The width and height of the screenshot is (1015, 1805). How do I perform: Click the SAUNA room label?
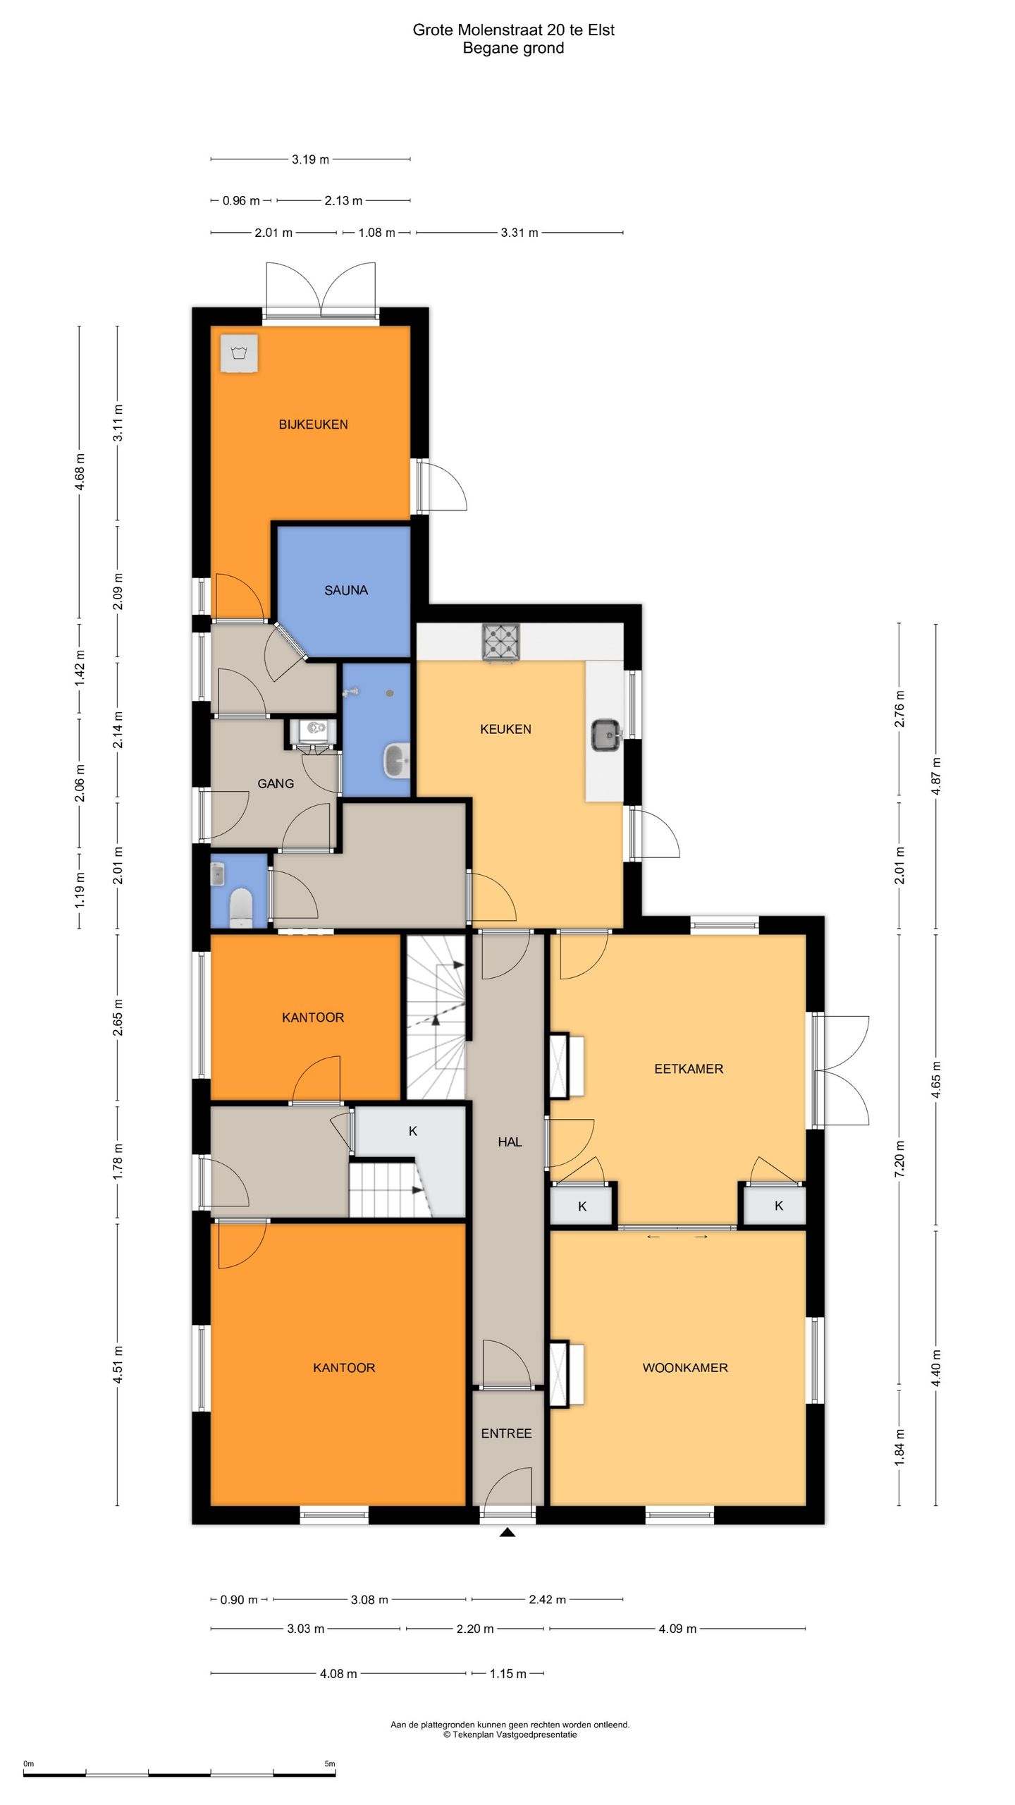(x=346, y=590)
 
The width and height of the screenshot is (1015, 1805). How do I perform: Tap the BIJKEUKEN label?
(x=313, y=424)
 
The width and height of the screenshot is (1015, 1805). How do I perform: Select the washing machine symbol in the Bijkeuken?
(x=240, y=352)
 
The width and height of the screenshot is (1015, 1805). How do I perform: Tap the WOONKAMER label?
(x=684, y=1368)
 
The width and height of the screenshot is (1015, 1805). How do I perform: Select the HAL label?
(x=510, y=1142)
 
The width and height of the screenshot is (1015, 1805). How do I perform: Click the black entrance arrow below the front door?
(x=507, y=1531)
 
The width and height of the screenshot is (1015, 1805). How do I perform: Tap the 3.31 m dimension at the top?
(x=519, y=233)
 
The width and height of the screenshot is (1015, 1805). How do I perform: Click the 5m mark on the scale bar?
(x=329, y=1758)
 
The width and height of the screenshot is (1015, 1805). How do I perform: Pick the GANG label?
(x=276, y=783)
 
